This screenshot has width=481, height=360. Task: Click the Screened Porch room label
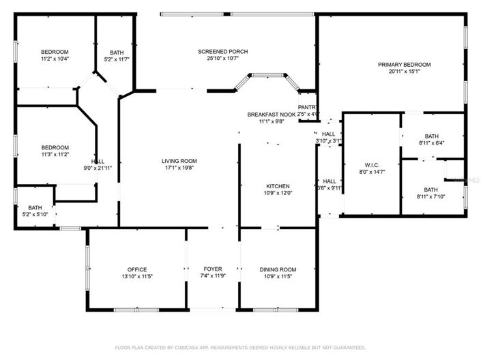[222, 52]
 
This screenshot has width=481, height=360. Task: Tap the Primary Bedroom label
[404, 65]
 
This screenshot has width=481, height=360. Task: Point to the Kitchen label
[278, 186]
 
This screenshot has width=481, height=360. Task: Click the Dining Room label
[278, 270]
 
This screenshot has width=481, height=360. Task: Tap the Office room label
[136, 270]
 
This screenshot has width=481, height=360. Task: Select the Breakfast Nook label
[271, 115]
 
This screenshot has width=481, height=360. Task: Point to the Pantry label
[307, 107]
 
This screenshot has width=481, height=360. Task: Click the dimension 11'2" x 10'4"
[55, 59]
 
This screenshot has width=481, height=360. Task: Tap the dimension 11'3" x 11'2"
[55, 155]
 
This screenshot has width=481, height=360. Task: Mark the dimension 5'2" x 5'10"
[35, 215]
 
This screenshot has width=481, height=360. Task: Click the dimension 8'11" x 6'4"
[431, 143]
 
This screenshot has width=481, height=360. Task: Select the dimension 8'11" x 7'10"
[431, 197]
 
